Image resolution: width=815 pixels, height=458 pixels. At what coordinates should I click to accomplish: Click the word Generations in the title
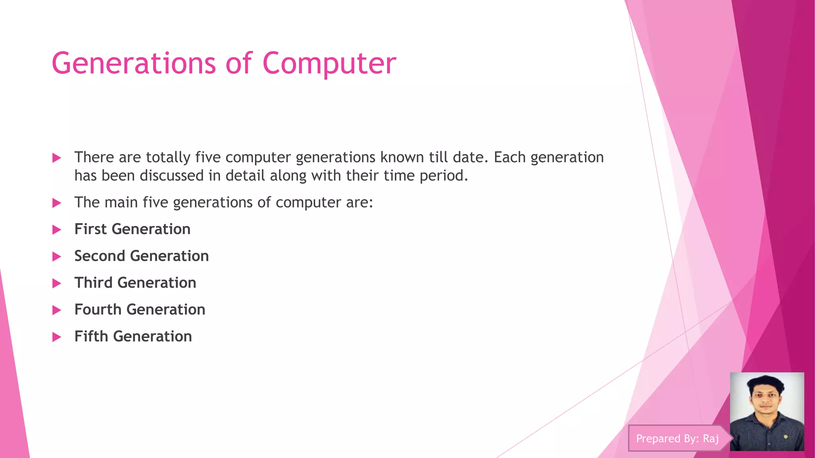tap(134, 64)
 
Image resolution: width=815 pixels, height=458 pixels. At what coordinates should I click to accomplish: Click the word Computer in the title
tap(329, 64)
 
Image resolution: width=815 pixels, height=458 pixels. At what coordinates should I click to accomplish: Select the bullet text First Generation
tap(132, 229)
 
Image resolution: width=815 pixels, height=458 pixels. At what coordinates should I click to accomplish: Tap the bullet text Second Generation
tap(141, 256)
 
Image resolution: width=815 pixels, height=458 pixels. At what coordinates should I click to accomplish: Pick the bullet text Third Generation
tap(135, 283)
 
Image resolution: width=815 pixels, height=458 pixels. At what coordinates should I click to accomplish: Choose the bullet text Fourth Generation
tap(140, 310)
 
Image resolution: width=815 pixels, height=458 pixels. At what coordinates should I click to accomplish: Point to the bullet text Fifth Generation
tap(133, 337)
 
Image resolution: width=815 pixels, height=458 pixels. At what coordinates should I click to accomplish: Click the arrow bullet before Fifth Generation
tap(57, 337)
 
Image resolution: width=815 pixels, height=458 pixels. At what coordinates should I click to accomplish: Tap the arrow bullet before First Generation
tap(57, 230)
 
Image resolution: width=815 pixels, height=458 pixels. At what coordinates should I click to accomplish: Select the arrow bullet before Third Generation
tap(57, 283)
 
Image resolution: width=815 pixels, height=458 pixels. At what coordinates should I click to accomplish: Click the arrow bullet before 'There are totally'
tap(57, 158)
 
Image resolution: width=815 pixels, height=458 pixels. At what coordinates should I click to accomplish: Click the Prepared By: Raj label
tap(677, 439)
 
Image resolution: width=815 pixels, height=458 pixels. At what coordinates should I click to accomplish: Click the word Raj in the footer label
tap(711, 439)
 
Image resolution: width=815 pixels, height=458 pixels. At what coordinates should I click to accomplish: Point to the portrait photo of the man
tap(766, 411)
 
